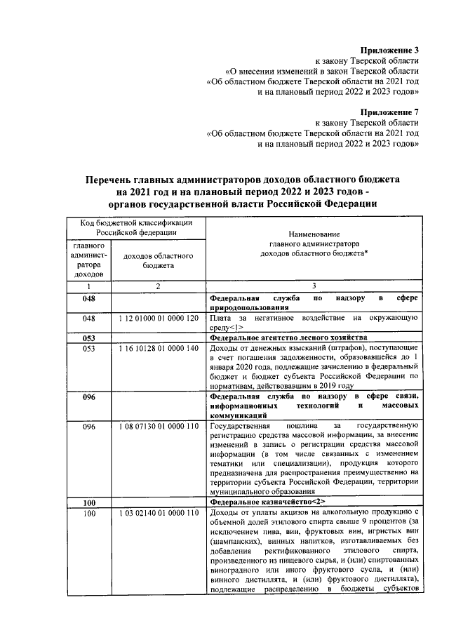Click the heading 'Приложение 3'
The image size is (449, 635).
click(x=389, y=50)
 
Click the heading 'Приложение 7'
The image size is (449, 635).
click(x=389, y=112)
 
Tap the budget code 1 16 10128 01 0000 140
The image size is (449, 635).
click(x=159, y=348)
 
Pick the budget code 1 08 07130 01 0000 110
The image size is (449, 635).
click(x=159, y=427)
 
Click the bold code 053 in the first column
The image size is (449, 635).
click(x=88, y=337)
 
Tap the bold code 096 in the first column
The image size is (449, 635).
click(x=88, y=396)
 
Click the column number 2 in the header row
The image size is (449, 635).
click(x=159, y=286)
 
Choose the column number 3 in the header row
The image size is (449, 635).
click(x=314, y=286)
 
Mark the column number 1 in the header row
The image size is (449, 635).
click(x=88, y=286)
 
